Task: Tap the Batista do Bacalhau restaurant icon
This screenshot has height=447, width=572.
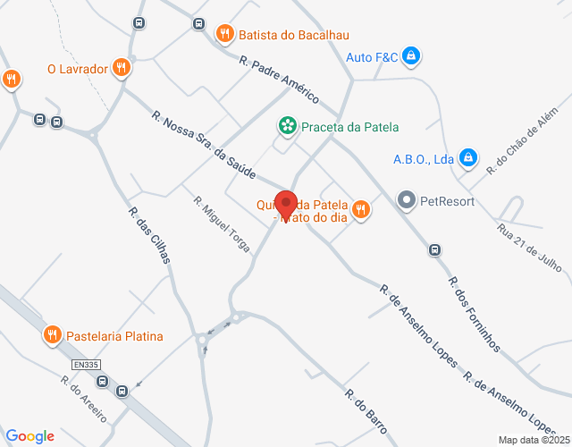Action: [x=224, y=34]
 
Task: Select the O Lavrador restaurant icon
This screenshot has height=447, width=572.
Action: [x=122, y=67]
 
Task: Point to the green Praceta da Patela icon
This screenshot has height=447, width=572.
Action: [x=286, y=127]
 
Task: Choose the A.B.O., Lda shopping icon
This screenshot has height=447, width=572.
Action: [x=467, y=159]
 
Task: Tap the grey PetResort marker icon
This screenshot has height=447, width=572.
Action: [x=407, y=200]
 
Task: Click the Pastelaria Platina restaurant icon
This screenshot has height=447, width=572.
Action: [x=53, y=336]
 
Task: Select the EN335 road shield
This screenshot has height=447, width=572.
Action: [x=85, y=366]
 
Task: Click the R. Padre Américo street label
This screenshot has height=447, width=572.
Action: [x=279, y=80]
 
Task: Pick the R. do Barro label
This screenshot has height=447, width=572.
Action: [x=366, y=411]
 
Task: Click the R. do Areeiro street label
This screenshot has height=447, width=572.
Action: [x=83, y=400]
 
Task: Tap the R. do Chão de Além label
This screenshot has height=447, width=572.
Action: [x=523, y=147]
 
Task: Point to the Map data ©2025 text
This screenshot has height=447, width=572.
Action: [x=533, y=440]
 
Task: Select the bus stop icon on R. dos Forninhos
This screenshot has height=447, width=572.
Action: [x=434, y=249]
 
